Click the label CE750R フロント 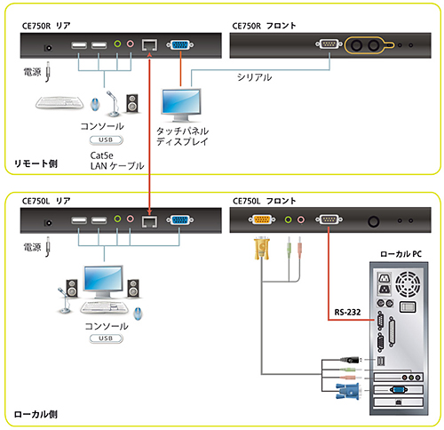(x=264, y=27)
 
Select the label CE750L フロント (x=263, y=201)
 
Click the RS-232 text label (x=348, y=312)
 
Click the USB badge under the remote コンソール (x=104, y=140)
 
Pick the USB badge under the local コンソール (x=104, y=338)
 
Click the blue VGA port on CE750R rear (x=178, y=44)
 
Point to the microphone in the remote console (x=112, y=102)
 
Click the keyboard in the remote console (x=64, y=104)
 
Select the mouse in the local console (x=138, y=313)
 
